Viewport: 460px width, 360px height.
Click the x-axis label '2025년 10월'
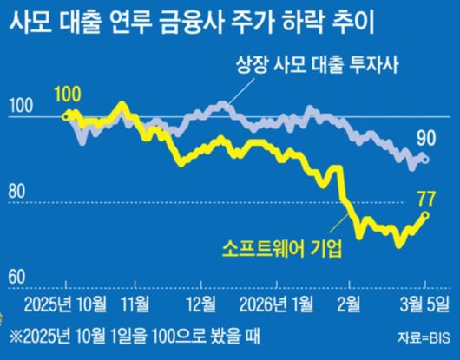click(65, 303)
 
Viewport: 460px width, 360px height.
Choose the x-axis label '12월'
click(200, 303)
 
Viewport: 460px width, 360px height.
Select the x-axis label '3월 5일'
click(424, 303)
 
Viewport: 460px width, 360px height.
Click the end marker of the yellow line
click(425, 215)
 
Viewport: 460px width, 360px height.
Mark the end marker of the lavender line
click(425, 158)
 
